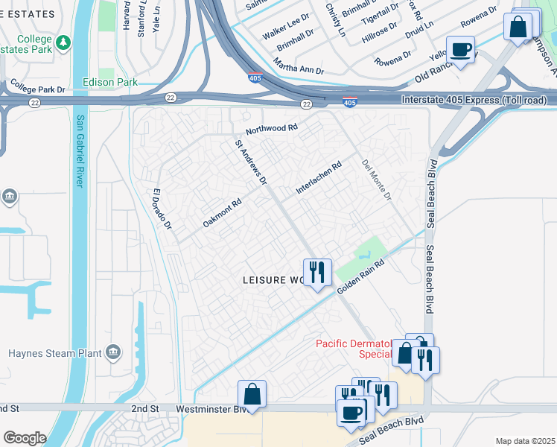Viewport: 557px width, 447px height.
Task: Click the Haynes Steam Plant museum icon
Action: click(112, 351)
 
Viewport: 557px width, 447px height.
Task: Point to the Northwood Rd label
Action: click(271, 128)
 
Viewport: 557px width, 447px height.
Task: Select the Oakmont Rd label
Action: click(222, 213)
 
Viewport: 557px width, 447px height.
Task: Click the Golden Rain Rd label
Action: click(362, 276)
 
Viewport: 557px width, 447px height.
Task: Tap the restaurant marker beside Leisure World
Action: click(317, 272)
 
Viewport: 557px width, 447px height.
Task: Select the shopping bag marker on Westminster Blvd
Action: click(252, 394)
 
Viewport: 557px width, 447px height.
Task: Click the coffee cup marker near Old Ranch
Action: click(460, 50)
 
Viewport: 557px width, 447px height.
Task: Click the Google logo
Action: click(25, 438)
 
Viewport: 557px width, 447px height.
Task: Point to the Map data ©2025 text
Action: click(524, 441)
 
